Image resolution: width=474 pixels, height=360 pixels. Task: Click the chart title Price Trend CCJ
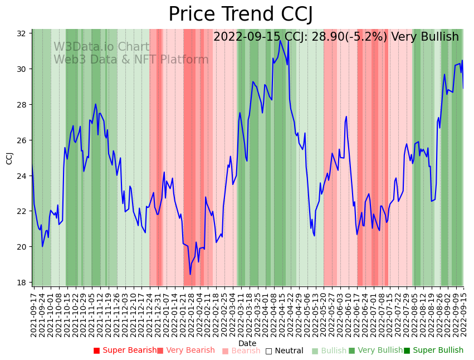click(x=241, y=14)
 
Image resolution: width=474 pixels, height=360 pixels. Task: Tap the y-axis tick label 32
click(x=21, y=33)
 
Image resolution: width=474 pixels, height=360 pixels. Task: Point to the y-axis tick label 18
click(x=21, y=283)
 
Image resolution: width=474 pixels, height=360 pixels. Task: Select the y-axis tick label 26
click(x=21, y=140)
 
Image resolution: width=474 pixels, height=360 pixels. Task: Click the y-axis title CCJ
click(x=9, y=158)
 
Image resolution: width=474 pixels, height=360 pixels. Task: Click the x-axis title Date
click(x=247, y=344)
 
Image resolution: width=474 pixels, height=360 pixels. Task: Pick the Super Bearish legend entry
click(x=125, y=351)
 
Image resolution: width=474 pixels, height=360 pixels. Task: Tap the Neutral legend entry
click(x=284, y=351)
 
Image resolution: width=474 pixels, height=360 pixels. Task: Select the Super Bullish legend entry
click(x=433, y=351)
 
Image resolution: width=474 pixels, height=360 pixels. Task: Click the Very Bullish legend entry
click(x=375, y=351)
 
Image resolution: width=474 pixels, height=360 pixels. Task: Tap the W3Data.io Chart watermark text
click(x=101, y=47)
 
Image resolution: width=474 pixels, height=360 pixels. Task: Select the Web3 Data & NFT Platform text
click(x=131, y=60)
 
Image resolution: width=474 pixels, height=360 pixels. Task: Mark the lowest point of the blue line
click(x=190, y=274)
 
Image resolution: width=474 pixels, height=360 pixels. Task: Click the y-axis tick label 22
click(x=21, y=211)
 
